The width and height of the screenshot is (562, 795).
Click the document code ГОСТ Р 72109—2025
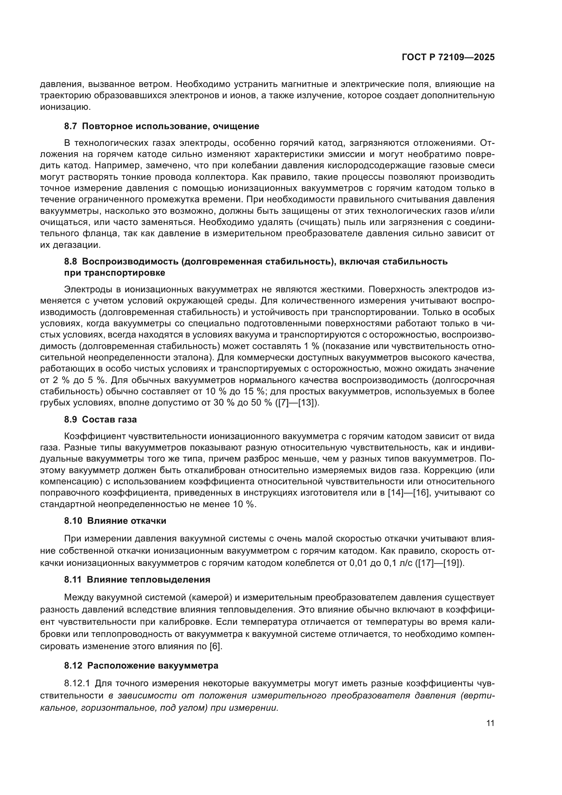448,57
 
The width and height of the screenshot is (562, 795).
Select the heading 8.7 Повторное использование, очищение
162,126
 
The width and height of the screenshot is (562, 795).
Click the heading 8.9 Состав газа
100,419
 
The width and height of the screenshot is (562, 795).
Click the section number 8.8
71,261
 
